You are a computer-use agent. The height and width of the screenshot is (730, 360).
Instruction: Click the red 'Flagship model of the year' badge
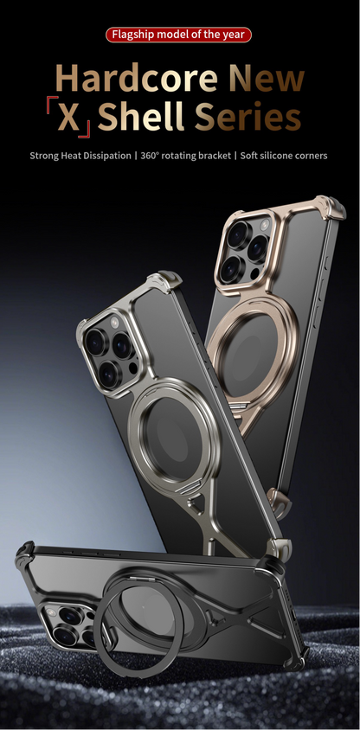(x=179, y=35)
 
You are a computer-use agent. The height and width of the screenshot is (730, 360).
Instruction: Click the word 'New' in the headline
(x=267, y=79)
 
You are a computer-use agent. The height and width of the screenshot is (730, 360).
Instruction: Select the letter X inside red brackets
(x=67, y=118)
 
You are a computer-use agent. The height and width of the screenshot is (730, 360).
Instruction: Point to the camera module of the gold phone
(x=249, y=249)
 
